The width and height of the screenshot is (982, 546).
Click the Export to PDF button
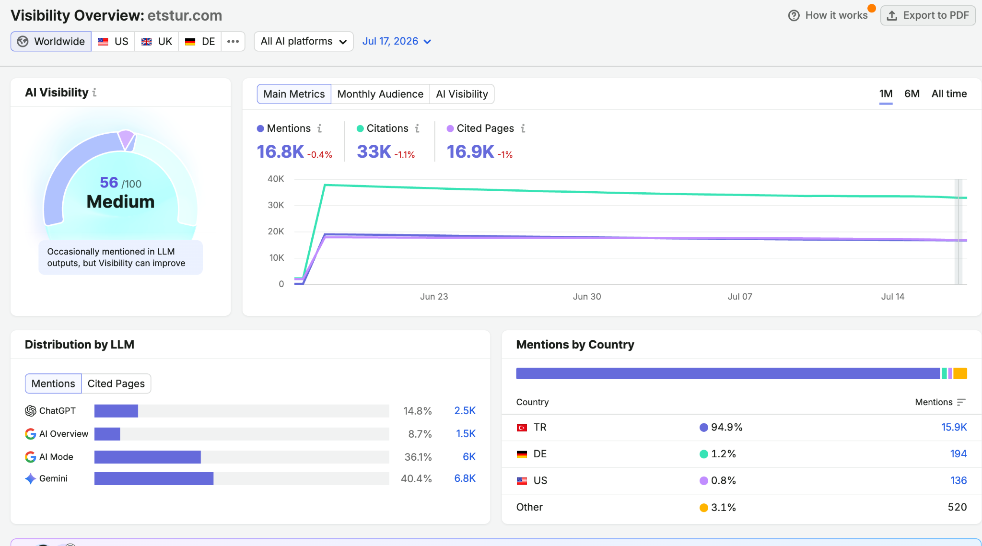pos(928,15)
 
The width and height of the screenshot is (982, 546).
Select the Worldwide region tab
pos(51,42)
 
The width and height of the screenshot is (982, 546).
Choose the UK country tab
pos(157,42)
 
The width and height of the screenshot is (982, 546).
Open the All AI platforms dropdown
pos(304,42)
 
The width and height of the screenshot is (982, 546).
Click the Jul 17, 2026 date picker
pos(397,42)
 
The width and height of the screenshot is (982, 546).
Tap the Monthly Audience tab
pos(380,94)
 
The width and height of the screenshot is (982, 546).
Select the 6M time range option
pos(912,94)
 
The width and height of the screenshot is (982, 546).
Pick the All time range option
pos(949,94)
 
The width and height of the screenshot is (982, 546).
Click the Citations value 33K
pos(374,152)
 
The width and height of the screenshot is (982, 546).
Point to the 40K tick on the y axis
pos(276,179)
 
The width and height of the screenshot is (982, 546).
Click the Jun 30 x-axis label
pos(587,297)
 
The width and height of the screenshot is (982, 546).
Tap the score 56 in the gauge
pos(109,183)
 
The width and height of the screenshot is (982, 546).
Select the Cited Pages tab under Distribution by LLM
pos(116,383)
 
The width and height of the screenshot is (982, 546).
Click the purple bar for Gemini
pos(154,478)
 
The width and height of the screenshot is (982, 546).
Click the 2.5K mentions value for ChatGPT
pos(465,411)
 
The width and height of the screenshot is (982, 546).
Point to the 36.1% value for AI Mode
pos(418,457)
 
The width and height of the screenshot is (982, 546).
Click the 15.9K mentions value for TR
pos(954,427)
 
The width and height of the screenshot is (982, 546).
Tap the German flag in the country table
pos(522,454)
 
